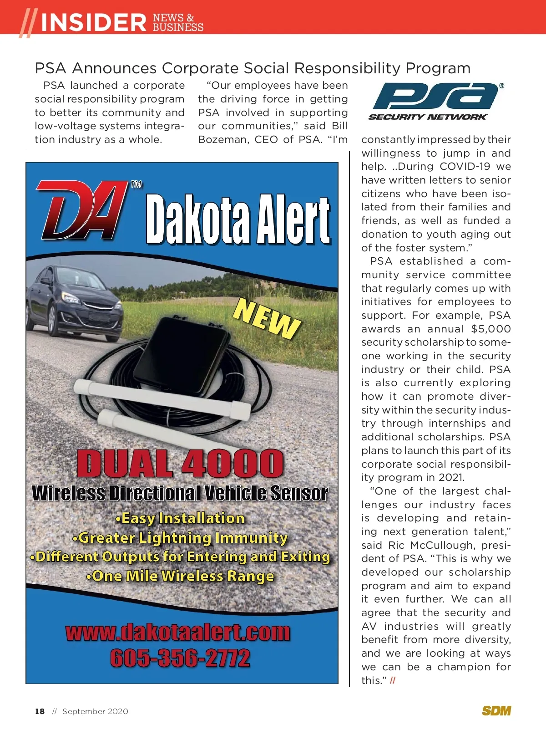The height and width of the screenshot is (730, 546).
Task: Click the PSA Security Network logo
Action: (x=436, y=101)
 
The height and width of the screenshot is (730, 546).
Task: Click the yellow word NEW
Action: (x=267, y=319)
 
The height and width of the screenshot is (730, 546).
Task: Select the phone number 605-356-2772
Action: (x=180, y=658)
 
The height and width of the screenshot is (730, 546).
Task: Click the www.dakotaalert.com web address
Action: (x=178, y=632)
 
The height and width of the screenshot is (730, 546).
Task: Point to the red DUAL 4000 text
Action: (x=180, y=464)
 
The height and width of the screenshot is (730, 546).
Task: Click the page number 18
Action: (x=40, y=711)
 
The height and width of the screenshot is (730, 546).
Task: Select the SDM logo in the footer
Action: (x=496, y=711)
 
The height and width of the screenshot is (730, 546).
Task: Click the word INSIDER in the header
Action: (x=94, y=22)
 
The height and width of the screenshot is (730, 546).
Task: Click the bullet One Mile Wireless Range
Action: (x=180, y=576)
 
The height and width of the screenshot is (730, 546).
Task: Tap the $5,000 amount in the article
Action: (x=491, y=329)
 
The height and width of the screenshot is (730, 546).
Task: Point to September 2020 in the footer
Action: (x=95, y=711)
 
